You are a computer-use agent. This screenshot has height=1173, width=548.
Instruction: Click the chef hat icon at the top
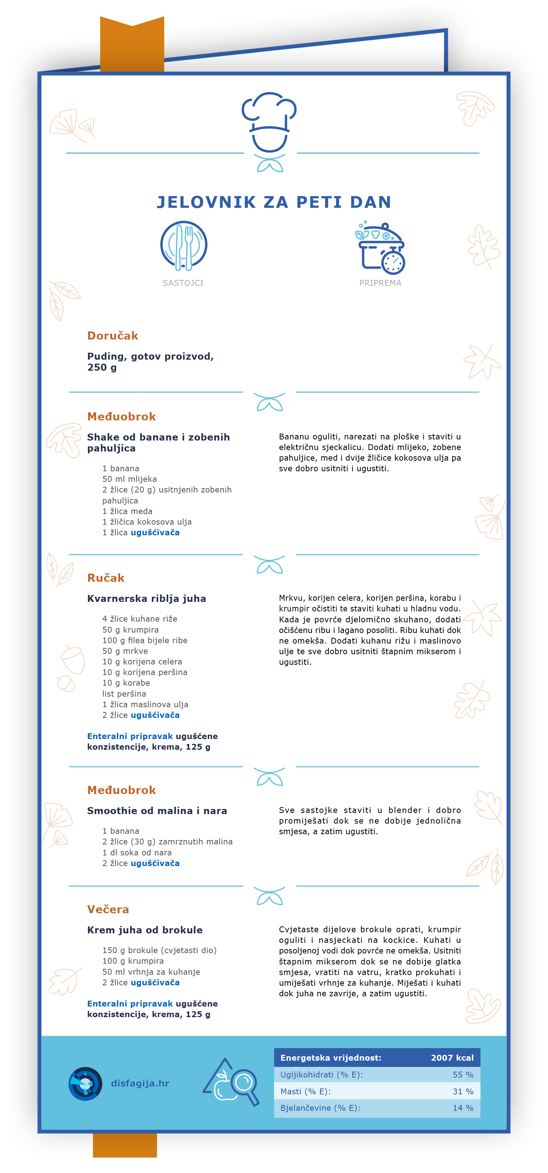269,123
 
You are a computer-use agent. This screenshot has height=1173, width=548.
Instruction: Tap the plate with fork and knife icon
184,246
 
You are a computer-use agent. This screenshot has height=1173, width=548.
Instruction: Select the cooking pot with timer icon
381,248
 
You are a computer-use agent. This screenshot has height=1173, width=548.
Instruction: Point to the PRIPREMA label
380,283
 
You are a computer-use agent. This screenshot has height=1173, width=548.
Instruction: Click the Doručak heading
112,336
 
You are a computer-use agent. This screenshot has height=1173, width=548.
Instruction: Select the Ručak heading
106,578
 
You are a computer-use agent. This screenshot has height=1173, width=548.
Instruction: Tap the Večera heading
108,909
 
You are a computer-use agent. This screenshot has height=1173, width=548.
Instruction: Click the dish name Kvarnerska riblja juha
146,598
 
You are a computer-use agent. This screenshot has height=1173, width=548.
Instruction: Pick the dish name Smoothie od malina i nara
157,810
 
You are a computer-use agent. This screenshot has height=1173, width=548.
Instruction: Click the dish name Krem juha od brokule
145,930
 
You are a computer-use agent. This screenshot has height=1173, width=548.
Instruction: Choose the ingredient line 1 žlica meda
128,511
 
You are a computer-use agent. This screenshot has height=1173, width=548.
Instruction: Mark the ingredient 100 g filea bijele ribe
145,640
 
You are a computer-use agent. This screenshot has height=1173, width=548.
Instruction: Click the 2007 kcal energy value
452,1058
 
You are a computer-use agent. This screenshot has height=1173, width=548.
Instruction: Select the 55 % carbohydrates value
463,1075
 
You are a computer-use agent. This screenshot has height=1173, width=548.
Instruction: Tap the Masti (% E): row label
305,1091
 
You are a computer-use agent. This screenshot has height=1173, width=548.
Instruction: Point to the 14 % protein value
463,1108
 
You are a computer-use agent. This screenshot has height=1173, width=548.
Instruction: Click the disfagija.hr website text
140,1083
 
